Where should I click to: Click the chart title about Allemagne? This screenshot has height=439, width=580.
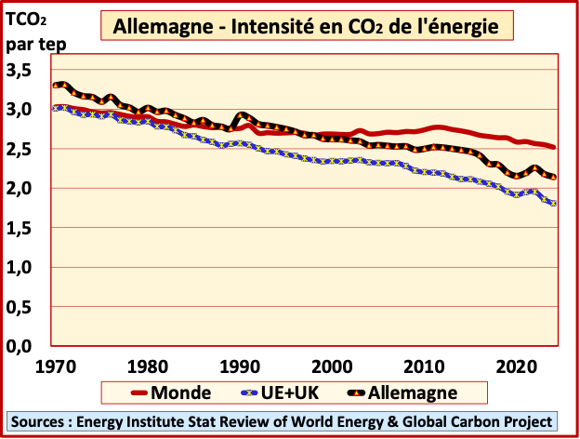tap(312, 27)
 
